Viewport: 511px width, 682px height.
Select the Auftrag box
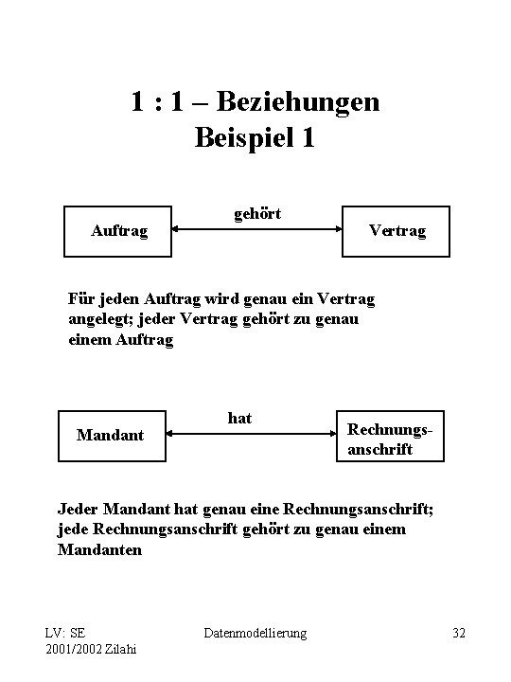[x=118, y=231]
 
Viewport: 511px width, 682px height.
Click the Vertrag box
[x=396, y=231]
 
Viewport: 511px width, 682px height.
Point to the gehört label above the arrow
[x=256, y=215]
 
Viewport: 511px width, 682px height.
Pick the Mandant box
[x=112, y=435]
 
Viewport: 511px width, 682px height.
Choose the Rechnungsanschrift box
[x=388, y=435]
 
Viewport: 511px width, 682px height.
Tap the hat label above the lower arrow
[x=239, y=418]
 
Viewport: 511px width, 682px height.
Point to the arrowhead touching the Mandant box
[x=173, y=435]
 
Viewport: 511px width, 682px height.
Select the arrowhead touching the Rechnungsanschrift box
[x=330, y=435]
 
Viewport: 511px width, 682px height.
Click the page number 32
[x=460, y=632]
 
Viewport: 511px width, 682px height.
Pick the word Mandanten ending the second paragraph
[x=100, y=548]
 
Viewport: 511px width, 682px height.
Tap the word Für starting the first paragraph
[x=81, y=299]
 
